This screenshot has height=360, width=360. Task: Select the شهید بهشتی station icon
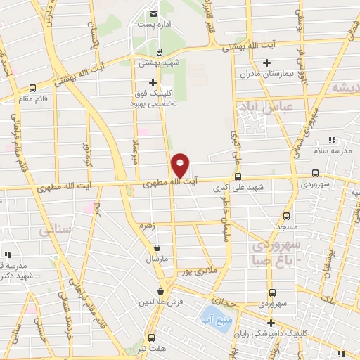pyautogui.click(x=159, y=51)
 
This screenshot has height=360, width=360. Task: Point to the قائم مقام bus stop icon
pyautogui.click(x=32, y=89)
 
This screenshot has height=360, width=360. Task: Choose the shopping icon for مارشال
pyautogui.click(x=156, y=248)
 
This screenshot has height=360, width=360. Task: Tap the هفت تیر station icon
pyautogui.click(x=151, y=337)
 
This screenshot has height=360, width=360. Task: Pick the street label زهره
pyautogui.click(x=167, y=225)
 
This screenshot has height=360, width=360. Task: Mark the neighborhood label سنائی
pyautogui.click(x=56, y=229)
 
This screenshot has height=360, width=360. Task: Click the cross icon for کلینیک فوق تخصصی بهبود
pyautogui.click(x=153, y=82)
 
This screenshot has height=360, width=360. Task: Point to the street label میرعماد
pyautogui.click(x=136, y=149)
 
